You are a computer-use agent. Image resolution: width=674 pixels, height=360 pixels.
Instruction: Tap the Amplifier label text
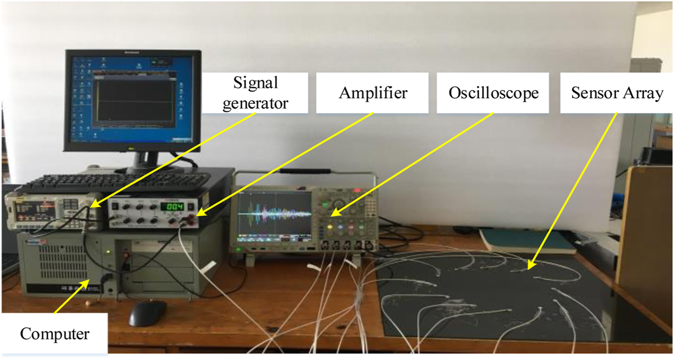[373, 93]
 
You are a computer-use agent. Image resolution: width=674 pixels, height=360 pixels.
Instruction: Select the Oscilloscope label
[493, 93]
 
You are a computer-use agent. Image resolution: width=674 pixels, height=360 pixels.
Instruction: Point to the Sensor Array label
[617, 93]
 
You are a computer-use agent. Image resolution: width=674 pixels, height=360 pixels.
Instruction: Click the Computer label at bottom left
[54, 334]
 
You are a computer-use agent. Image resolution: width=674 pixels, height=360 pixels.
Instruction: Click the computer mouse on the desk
[148, 312]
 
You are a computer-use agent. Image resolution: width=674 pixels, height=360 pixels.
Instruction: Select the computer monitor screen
[133, 100]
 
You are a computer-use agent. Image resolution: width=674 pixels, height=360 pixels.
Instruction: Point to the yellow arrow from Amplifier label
[287, 162]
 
